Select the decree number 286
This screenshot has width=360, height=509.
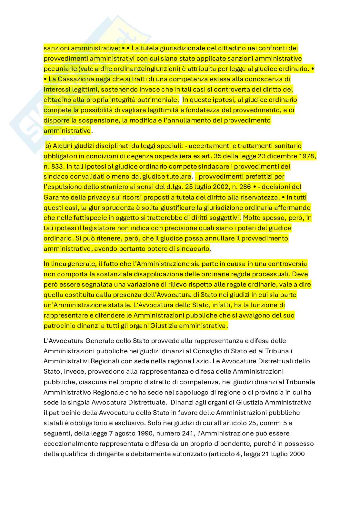(x=244, y=187)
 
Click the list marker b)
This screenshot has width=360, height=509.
(x=48, y=146)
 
